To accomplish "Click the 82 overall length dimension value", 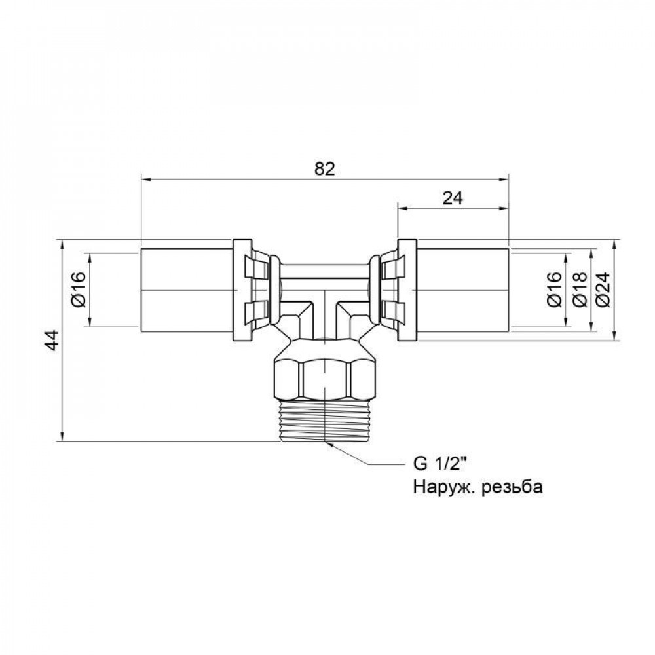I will pos(324,168).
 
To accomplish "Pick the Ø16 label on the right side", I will pos(554,290).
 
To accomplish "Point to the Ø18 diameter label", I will pos(579,290).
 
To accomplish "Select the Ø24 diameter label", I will pos(604,290).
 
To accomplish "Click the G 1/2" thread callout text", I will pos(438,466).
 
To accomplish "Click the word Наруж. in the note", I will pos(440,487).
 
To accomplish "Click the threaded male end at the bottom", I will pos(325,422).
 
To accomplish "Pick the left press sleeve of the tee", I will pos(187,290).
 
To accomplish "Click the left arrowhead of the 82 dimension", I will pos(145,178).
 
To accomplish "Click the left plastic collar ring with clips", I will pos(249,290).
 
